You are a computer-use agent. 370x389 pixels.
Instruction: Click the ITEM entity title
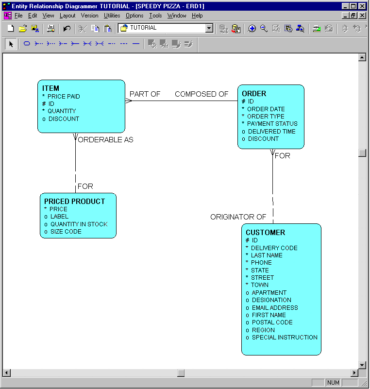(50, 88)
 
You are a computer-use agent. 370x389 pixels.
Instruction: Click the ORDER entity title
(254, 94)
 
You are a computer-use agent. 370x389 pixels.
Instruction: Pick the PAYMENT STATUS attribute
(272, 124)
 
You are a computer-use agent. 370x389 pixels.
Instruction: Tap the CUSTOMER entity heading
(265, 233)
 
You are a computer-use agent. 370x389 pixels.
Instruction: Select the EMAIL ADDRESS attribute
(274, 307)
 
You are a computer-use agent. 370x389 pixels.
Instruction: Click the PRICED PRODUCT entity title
(74, 202)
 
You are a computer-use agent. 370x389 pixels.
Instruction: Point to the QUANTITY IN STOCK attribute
(79, 224)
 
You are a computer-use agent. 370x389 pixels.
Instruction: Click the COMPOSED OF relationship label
(202, 94)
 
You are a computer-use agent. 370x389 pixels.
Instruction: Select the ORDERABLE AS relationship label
(105, 140)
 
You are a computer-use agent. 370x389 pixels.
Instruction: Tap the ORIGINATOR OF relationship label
(238, 217)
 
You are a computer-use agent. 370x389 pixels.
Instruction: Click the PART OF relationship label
(145, 94)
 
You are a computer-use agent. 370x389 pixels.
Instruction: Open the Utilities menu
(112, 16)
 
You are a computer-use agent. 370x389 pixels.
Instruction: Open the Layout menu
(67, 16)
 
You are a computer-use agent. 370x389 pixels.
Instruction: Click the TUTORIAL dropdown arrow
(209, 28)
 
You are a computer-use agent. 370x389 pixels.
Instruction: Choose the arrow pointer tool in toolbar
(11, 44)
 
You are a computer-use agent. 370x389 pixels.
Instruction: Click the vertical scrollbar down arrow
(362, 365)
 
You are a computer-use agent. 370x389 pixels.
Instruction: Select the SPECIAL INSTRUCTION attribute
(284, 338)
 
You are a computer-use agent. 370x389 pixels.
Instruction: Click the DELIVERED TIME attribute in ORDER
(271, 132)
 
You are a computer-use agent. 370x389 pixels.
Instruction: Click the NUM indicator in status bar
(333, 383)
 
